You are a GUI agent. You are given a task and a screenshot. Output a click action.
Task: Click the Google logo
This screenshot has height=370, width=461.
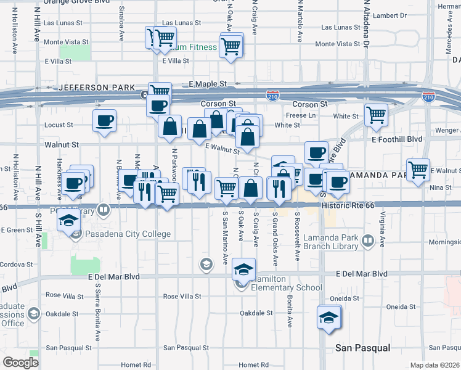[21, 363]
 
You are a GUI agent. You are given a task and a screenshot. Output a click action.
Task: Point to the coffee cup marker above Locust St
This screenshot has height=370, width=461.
[104, 120]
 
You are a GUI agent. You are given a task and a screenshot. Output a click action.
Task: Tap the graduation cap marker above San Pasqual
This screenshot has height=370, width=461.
[328, 317]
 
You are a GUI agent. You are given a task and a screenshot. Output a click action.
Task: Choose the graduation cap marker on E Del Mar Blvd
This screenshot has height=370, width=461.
[243, 269]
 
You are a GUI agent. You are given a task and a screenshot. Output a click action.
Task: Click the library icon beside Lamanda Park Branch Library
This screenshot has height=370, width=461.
[368, 239]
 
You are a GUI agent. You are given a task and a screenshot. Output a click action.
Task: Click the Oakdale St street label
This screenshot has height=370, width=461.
[256, 313]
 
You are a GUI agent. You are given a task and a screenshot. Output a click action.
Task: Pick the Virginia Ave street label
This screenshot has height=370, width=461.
[383, 224]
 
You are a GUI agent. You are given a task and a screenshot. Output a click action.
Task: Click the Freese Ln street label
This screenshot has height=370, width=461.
[301, 115]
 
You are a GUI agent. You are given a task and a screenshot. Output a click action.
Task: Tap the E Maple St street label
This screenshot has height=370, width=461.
[208, 84]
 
